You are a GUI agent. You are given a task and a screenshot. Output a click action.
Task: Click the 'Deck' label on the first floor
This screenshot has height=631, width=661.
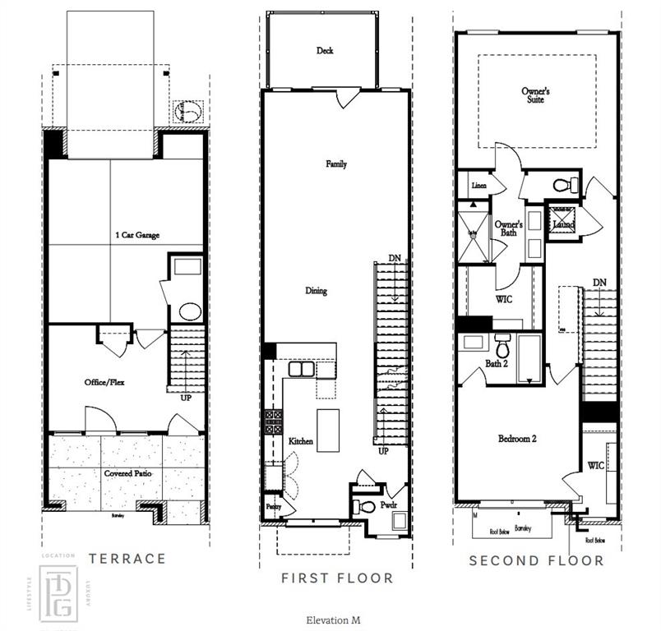point(326,51)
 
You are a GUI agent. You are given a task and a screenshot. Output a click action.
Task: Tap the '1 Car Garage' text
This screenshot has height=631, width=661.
point(136,236)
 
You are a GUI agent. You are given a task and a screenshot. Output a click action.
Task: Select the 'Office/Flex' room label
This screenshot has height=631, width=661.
point(104,382)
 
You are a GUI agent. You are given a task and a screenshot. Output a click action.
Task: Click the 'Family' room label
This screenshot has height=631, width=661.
point(336,164)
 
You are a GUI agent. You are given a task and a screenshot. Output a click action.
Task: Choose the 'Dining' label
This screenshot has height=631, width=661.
point(316,291)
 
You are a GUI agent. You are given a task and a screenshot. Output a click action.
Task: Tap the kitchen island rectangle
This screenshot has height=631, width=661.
point(328,430)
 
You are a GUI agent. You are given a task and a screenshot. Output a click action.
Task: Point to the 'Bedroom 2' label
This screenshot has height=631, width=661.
point(517,440)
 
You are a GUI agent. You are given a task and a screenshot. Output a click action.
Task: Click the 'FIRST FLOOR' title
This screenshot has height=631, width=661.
point(337,578)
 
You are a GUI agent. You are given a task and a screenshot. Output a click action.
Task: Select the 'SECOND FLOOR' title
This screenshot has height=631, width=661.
point(536,561)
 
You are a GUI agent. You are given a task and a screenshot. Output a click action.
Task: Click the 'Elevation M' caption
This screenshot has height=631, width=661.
point(333,620)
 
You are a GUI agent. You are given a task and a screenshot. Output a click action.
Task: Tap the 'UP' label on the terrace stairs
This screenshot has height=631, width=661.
point(186,398)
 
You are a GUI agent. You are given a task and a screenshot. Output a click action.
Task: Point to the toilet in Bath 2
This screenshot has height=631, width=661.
point(502,344)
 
